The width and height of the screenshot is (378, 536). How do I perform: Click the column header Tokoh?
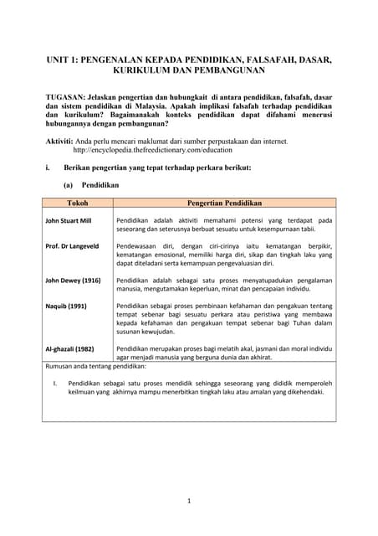(77, 203)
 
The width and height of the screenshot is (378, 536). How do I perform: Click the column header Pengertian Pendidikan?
(224, 203)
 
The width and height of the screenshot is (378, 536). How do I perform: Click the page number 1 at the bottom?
(189, 501)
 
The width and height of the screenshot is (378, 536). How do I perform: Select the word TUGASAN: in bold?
(66, 98)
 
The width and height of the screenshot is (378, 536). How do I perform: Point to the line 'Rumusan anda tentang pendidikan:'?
(95, 366)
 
